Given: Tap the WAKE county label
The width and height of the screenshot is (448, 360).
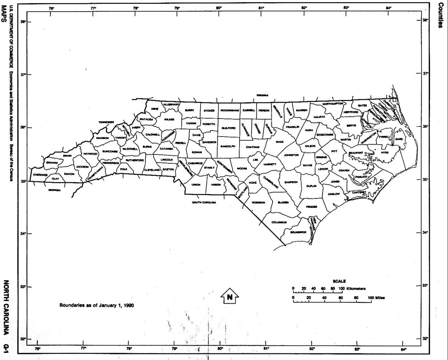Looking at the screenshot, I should pyautogui.click(x=280, y=142).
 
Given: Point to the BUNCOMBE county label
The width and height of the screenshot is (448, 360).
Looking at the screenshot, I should pyautogui.click(x=110, y=151).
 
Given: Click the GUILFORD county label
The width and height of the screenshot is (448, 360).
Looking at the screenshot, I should pyautogui.click(x=229, y=128).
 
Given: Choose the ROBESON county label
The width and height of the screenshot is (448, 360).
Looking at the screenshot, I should pyautogui.click(x=258, y=203).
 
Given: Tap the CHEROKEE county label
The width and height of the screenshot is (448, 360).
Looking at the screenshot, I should pyautogui.click(x=40, y=175).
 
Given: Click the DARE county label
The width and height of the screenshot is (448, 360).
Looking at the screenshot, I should pyautogui.click(x=399, y=139).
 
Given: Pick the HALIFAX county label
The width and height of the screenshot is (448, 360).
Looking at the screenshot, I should pyautogui.click(x=319, y=116).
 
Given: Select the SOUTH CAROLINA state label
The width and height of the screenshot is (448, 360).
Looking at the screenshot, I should pyautogui.click(x=204, y=202).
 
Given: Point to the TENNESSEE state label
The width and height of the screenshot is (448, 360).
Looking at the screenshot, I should pyautogui.click(x=106, y=122).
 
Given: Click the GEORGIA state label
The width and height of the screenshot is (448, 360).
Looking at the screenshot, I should pyautogui.click(x=55, y=190).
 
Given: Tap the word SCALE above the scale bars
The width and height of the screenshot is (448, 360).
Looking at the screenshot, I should pyautogui.click(x=339, y=281).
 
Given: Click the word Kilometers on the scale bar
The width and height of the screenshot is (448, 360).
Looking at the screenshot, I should pyautogui.click(x=356, y=289).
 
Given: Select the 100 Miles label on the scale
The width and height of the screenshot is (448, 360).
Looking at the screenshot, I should pyautogui.click(x=377, y=298).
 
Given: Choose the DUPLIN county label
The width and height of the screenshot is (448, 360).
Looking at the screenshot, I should pyautogui.click(x=311, y=186).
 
